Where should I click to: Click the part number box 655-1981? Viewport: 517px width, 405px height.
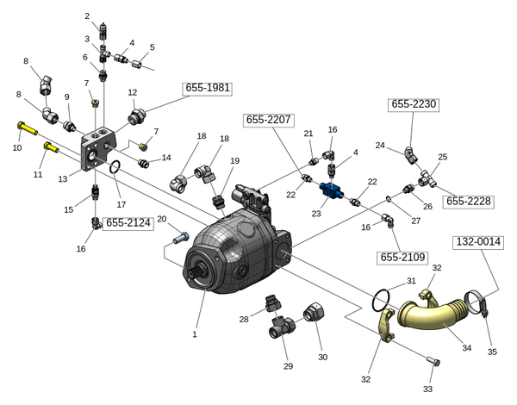(208, 88)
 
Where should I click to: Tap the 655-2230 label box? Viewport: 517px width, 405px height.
(414, 104)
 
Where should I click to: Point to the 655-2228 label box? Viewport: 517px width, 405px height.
(468, 202)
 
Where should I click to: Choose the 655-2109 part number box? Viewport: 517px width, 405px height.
(402, 257)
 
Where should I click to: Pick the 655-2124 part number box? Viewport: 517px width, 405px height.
(128, 223)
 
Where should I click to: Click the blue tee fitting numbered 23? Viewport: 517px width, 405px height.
(332, 190)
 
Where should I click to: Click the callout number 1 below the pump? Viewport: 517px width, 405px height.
(195, 334)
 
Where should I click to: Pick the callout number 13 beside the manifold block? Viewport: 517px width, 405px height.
(63, 179)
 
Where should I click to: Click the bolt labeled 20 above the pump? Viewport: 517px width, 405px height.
(180, 234)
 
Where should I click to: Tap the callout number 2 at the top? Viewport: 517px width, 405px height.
(87, 16)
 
